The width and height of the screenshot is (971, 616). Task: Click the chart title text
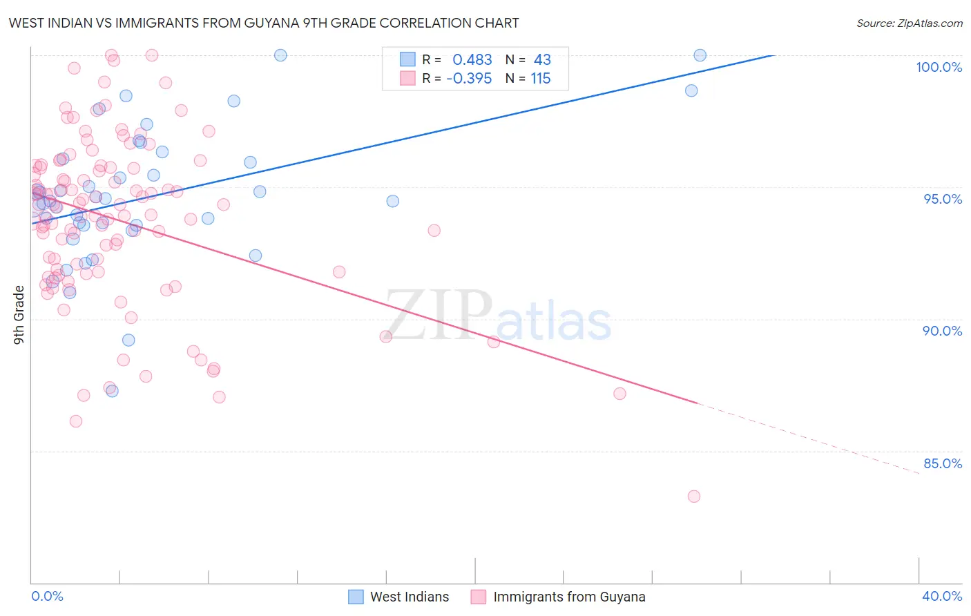264,23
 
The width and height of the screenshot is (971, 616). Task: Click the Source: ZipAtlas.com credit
909,23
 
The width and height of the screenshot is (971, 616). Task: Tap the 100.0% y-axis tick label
939,67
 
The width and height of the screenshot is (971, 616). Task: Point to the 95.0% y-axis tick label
943,199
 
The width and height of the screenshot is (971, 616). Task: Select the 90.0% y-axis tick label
942,331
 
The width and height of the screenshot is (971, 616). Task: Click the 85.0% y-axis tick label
942,463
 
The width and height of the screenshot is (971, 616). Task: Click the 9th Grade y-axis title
19,314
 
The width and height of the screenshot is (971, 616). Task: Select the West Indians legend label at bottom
409,597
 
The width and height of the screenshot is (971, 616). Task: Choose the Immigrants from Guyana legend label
569,597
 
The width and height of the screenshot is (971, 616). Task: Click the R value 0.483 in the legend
472,60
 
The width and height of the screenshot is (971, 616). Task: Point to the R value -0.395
469,79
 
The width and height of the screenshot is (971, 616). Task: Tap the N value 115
541,79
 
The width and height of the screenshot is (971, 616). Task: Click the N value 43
542,60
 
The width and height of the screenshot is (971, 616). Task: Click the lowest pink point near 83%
694,497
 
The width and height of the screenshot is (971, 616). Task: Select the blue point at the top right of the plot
700,55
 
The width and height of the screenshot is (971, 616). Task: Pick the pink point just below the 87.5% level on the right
619,394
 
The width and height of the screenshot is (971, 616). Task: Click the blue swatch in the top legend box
407,59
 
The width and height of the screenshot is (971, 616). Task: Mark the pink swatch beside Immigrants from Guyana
478,597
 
